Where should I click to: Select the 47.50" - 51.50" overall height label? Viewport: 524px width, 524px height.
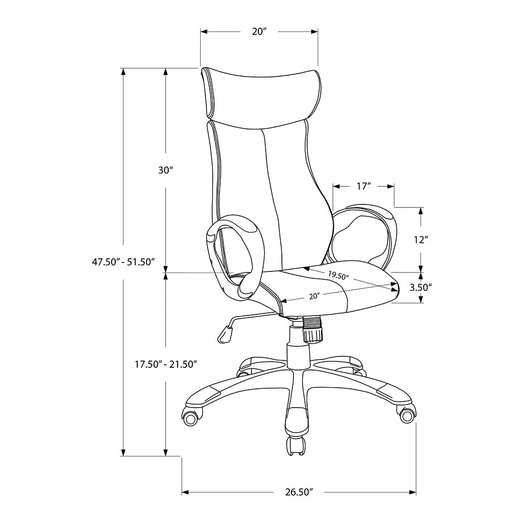click(124, 262)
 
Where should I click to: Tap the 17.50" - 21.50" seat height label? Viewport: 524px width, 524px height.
click(166, 363)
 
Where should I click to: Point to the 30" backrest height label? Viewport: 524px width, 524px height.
click(165, 170)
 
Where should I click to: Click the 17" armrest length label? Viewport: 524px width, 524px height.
click(364, 186)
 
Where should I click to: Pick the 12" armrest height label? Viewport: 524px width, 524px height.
click(421, 240)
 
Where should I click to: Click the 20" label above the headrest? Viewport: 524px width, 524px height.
click(259, 32)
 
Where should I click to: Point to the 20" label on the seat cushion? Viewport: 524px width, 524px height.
click(314, 297)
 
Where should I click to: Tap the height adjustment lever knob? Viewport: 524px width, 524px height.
click(225, 334)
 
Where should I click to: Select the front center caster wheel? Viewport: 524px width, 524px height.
click(294, 446)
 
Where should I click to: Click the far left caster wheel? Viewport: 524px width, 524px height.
click(192, 418)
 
